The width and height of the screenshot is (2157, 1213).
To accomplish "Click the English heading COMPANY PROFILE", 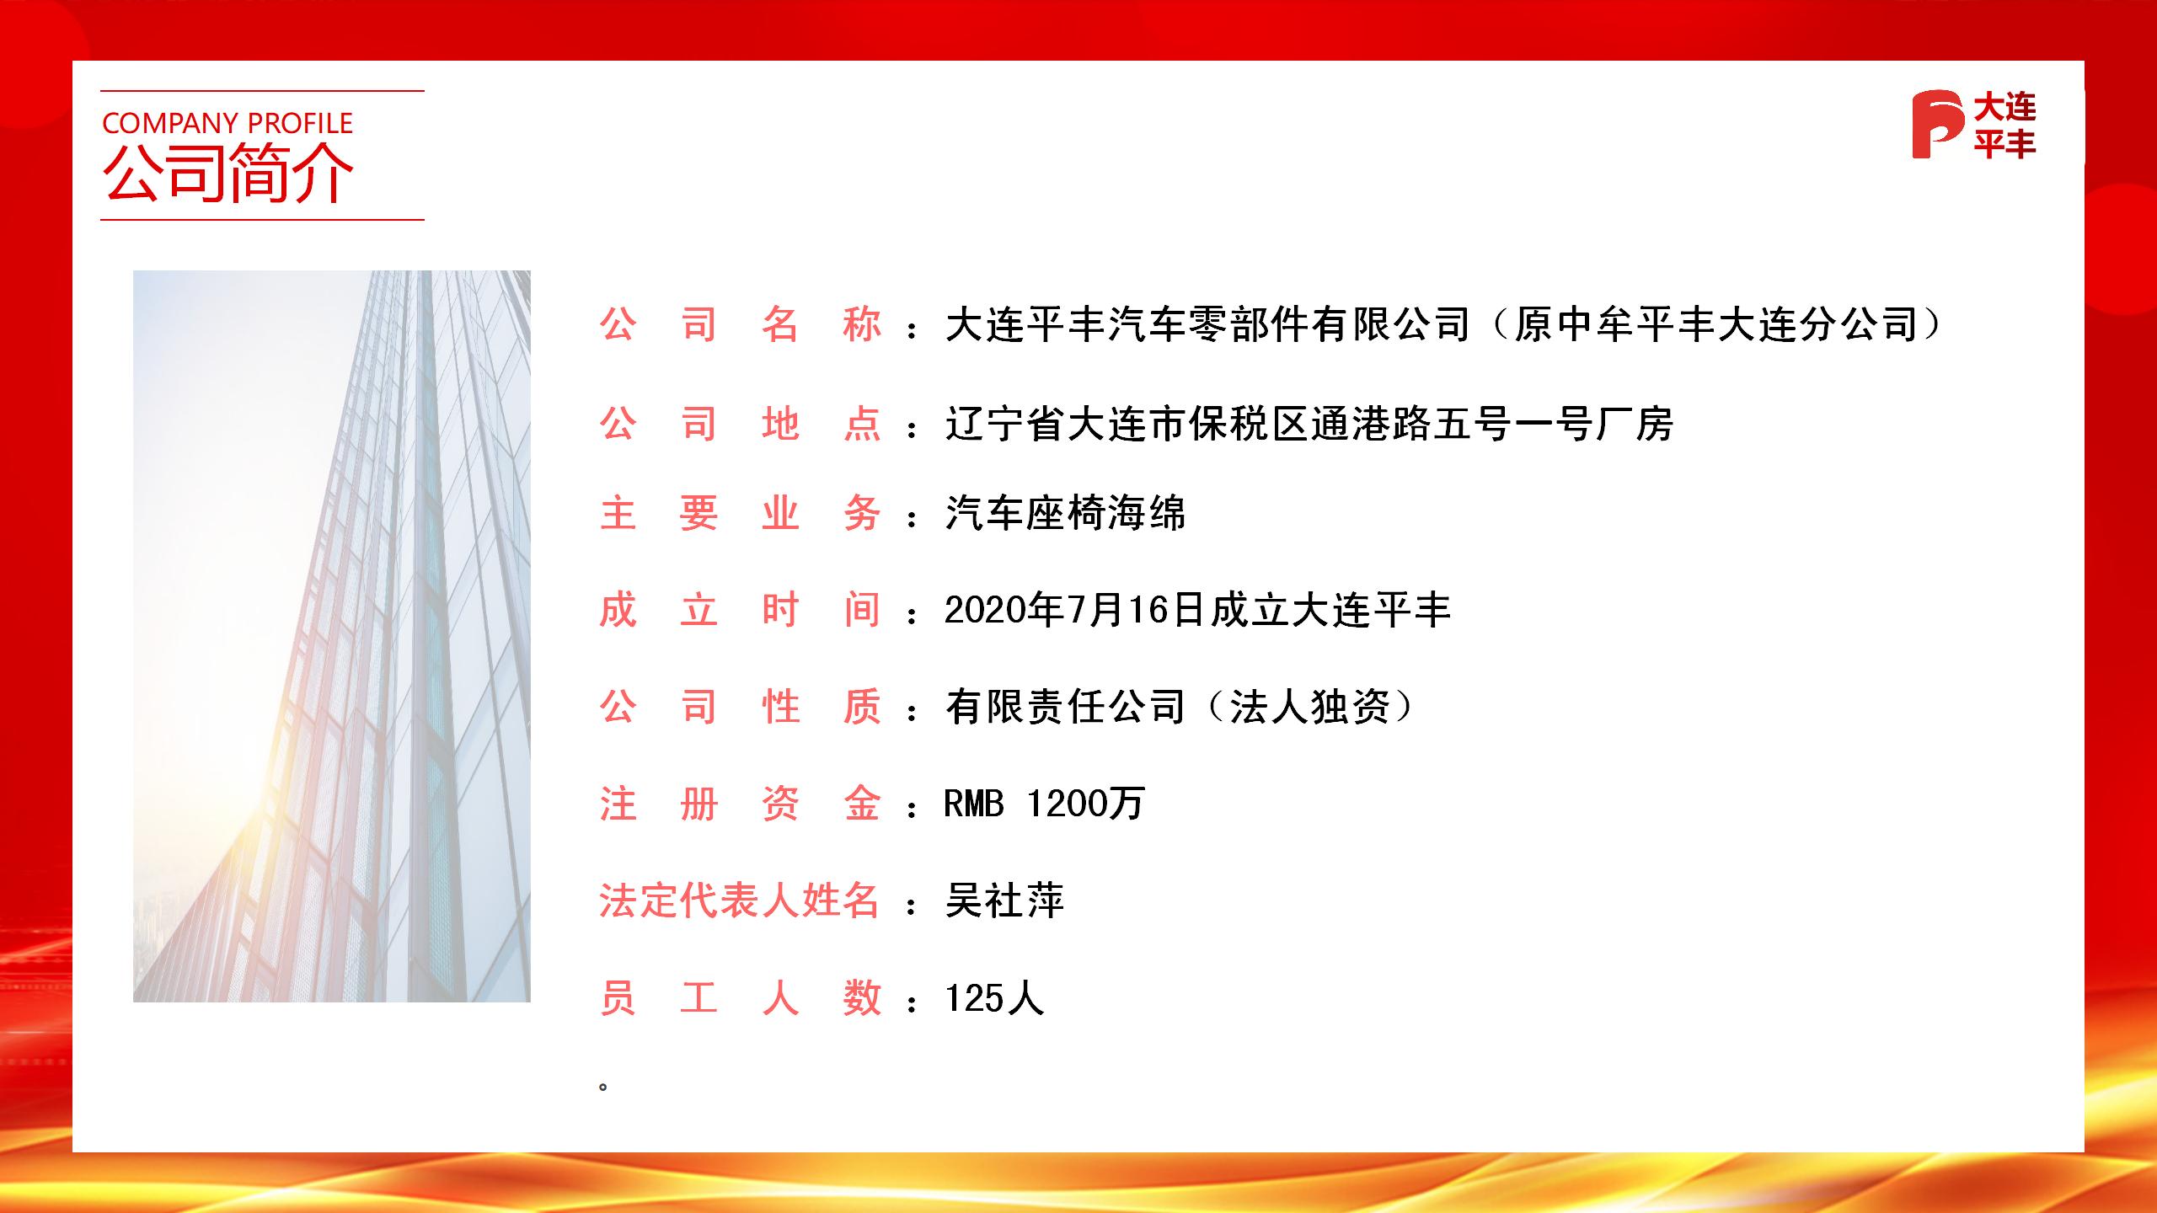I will pyautogui.click(x=227, y=124).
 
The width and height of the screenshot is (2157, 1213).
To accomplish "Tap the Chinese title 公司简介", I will pyautogui.click(x=227, y=174).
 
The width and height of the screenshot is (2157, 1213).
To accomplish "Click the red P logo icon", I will pyautogui.click(x=1936, y=125).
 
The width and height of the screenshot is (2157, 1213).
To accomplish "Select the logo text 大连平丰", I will pyautogui.click(x=2004, y=126).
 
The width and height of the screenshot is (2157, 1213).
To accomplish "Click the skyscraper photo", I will pyautogui.click(x=332, y=636).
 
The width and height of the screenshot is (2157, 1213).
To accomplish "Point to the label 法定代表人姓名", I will pyautogui.click(x=739, y=901).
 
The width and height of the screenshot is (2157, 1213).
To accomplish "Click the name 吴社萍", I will pyautogui.click(x=1004, y=901).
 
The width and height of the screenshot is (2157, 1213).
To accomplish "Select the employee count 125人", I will pyautogui.click(x=994, y=999).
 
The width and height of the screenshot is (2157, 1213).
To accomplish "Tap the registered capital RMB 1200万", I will pyautogui.click(x=1044, y=804).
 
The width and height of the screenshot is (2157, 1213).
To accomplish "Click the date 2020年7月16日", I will pyautogui.click(x=1075, y=610).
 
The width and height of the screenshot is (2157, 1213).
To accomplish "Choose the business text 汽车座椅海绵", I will pyautogui.click(x=1065, y=513).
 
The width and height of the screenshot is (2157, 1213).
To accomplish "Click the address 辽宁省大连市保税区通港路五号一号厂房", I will pyautogui.click(x=1309, y=424).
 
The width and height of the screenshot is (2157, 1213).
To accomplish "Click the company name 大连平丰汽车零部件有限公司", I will pyautogui.click(x=1207, y=325).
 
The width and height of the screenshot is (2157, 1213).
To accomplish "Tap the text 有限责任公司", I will pyautogui.click(x=1065, y=707).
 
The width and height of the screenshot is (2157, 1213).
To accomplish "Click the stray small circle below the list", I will pyautogui.click(x=602, y=1087).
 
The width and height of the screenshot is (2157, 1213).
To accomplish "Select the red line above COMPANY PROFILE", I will pyautogui.click(x=262, y=90).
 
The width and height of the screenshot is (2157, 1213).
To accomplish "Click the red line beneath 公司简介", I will pyautogui.click(x=262, y=220).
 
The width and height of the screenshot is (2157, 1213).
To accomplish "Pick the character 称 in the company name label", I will pyautogui.click(x=861, y=325).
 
